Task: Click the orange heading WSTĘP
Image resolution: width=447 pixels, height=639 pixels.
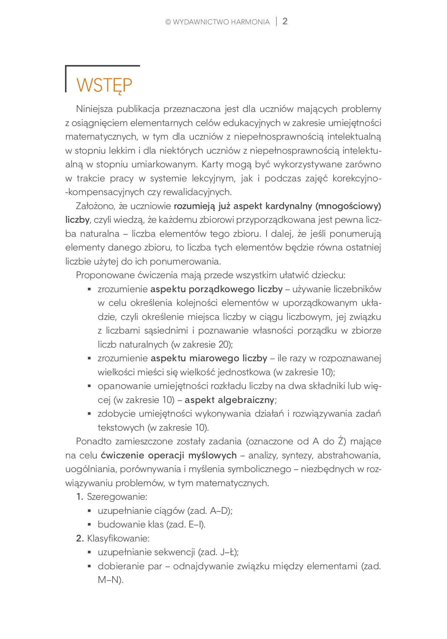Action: click(x=104, y=85)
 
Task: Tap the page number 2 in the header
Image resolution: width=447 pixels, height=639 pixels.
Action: click(x=285, y=21)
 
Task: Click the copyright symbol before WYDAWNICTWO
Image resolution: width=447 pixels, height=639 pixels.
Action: click(x=168, y=22)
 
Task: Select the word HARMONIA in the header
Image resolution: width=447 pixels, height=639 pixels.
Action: click(x=250, y=22)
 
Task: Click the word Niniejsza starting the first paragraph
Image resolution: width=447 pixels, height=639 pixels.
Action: click(x=94, y=109)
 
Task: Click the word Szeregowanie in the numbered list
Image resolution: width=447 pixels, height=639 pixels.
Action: click(x=117, y=497)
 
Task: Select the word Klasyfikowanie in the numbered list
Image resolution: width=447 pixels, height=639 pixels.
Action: click(x=118, y=538)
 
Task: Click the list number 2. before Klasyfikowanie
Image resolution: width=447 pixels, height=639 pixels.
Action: click(x=80, y=538)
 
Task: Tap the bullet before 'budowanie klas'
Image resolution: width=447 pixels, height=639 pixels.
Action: click(x=89, y=524)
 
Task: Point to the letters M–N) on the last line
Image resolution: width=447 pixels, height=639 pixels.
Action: click(x=110, y=580)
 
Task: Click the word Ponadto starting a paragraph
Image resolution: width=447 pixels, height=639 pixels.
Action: click(x=93, y=441)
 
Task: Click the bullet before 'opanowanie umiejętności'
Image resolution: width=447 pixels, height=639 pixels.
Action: click(x=89, y=386)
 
